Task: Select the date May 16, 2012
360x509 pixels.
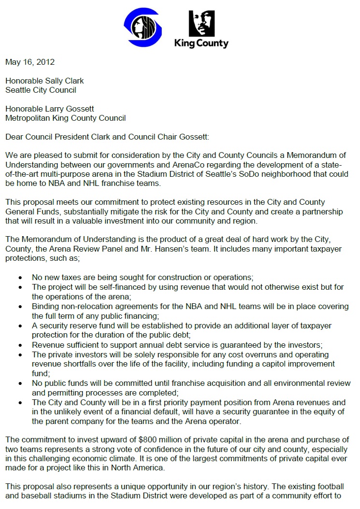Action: pyautogui.click(x=30, y=62)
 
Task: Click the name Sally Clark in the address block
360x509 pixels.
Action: pyautogui.click(x=59, y=81)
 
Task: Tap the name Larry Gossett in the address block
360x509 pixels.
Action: pyautogui.click(x=62, y=108)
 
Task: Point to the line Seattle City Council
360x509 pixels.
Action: pyautogui.click(x=41, y=90)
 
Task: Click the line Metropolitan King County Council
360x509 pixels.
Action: pyautogui.click(x=65, y=117)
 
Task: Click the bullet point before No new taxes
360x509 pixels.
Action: pyautogui.click(x=20, y=278)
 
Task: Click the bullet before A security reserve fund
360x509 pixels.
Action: pyautogui.click(x=20, y=326)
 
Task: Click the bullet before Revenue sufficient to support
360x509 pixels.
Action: pyautogui.click(x=20, y=345)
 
